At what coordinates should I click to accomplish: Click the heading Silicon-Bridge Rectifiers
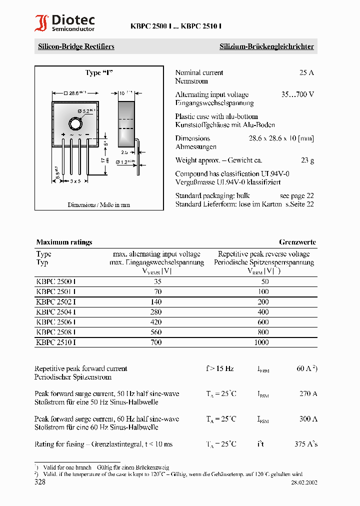pyautogui.click(x=76, y=46)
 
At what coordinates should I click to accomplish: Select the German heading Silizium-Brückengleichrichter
pyautogui.click(x=266, y=46)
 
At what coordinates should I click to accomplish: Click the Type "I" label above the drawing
pyautogui.click(x=99, y=73)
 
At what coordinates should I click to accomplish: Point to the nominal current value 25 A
pyautogui.click(x=306, y=72)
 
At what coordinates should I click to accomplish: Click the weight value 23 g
pyautogui.click(x=307, y=160)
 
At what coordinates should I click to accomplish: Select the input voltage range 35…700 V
pyautogui.click(x=297, y=94)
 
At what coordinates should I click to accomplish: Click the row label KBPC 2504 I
pyautogui.click(x=56, y=312)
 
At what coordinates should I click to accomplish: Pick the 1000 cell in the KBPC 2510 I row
pyautogui.click(x=261, y=342)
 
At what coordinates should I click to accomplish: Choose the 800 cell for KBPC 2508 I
pyautogui.click(x=263, y=332)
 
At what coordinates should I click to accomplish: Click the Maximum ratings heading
pyautogui.click(x=64, y=242)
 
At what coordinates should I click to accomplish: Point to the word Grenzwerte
pyautogui.click(x=297, y=242)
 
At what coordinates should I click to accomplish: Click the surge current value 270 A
pyautogui.click(x=308, y=393)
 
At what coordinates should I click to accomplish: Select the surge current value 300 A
pyautogui.click(x=308, y=419)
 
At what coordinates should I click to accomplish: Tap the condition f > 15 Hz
pyautogui.click(x=219, y=368)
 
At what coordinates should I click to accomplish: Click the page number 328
pyautogui.click(x=40, y=482)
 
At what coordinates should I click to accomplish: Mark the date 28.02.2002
pyautogui.click(x=304, y=483)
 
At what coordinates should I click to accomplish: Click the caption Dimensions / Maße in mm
pyautogui.click(x=98, y=205)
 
